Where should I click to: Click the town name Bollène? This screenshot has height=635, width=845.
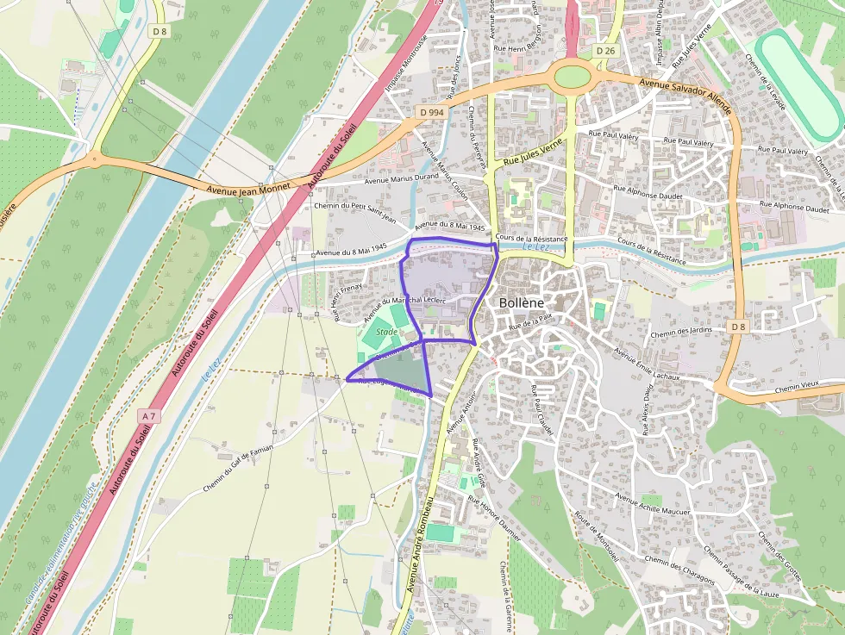(522, 303)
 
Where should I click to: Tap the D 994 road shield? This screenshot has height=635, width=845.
(431, 112)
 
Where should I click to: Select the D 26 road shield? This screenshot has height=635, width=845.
(606, 51)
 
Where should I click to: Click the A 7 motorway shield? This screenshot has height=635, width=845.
(149, 416)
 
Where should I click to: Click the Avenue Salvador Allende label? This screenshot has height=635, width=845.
(685, 96)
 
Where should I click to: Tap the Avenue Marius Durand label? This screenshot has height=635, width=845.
(401, 179)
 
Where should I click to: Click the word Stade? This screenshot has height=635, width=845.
(386, 331)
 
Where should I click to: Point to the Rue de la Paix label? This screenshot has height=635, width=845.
(529, 323)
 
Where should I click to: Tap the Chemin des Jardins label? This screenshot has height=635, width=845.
(681, 333)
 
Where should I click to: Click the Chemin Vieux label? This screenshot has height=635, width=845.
(795, 389)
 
